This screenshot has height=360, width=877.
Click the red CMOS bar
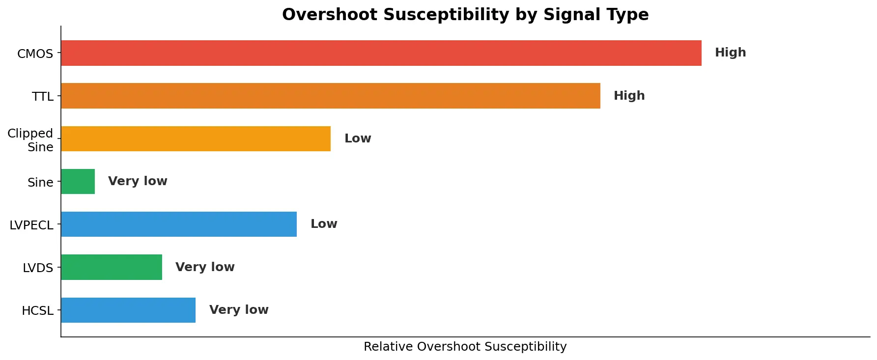(x=381, y=53)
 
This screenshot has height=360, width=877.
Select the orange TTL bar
(x=330, y=96)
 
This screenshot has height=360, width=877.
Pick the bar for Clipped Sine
(x=196, y=138)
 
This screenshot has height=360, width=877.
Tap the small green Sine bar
(x=78, y=181)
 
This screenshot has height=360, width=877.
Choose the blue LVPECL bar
(x=178, y=224)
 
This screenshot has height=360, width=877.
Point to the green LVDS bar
(x=111, y=267)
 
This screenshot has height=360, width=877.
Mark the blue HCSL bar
(x=128, y=310)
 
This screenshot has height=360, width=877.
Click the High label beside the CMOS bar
(x=730, y=53)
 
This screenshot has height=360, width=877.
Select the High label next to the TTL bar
(x=629, y=96)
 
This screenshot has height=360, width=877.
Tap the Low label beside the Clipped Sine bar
(x=358, y=138)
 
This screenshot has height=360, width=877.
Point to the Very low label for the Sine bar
(x=138, y=181)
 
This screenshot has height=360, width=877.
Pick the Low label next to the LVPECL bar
(x=324, y=224)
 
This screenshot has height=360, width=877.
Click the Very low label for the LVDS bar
(x=205, y=267)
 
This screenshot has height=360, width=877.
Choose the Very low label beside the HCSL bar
(x=239, y=310)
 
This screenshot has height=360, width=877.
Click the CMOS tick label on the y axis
(x=35, y=54)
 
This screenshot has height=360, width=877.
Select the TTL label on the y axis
(x=43, y=97)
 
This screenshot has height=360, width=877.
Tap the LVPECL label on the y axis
(x=31, y=225)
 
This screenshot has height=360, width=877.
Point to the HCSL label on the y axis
(x=37, y=311)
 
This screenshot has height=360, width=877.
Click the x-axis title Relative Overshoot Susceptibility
(x=465, y=347)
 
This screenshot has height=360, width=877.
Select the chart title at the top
(x=465, y=15)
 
